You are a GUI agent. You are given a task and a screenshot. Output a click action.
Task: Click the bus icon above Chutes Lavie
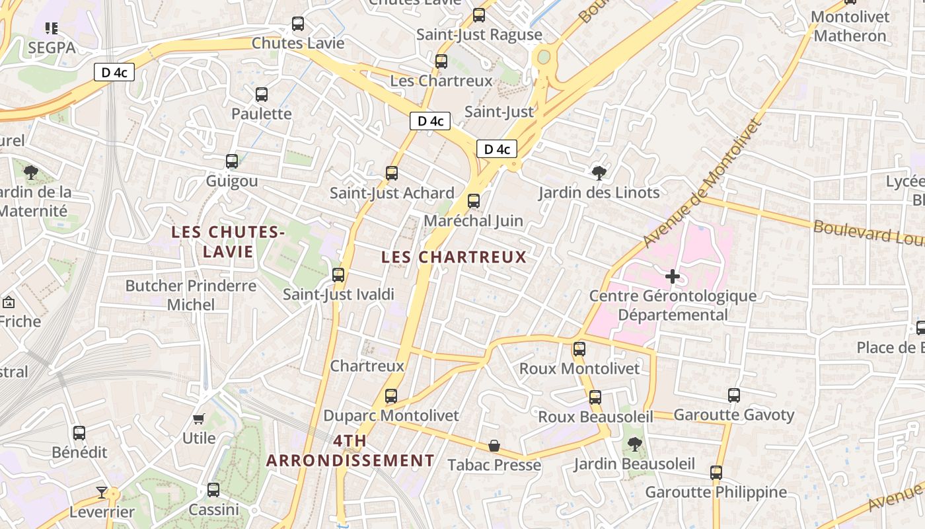[298, 24]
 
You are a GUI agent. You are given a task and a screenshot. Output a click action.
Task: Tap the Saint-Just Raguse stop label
[479, 34]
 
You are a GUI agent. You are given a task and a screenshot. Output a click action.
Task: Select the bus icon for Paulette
[262, 95]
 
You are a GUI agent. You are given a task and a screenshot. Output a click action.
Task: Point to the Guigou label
[232, 181]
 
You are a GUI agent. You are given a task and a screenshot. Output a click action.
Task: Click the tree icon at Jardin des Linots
[599, 173]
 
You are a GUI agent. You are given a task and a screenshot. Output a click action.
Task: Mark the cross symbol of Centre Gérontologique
[673, 276]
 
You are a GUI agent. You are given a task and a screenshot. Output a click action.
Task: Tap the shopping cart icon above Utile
[199, 419]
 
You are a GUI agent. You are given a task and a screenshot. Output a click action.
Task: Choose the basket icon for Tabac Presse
[494, 446]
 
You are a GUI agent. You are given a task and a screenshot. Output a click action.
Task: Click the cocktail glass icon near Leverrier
[102, 492]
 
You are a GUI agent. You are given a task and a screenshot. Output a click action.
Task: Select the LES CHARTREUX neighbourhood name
[454, 257]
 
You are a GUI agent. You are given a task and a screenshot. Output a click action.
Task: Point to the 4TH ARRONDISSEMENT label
[350, 451]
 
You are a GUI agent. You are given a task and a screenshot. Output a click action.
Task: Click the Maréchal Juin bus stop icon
[474, 201]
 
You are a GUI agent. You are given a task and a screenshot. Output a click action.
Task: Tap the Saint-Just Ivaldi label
[338, 294]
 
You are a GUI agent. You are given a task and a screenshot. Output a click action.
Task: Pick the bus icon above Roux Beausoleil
[595, 397]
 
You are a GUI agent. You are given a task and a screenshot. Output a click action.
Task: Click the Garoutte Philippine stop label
[716, 493]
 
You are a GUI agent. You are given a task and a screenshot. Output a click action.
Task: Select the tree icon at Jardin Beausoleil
[634, 444]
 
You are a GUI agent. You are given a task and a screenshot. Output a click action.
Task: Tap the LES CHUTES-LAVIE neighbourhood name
[227, 241]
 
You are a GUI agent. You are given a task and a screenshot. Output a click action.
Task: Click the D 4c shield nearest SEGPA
[114, 73]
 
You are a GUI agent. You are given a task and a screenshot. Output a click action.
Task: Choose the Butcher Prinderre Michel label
[191, 295]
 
